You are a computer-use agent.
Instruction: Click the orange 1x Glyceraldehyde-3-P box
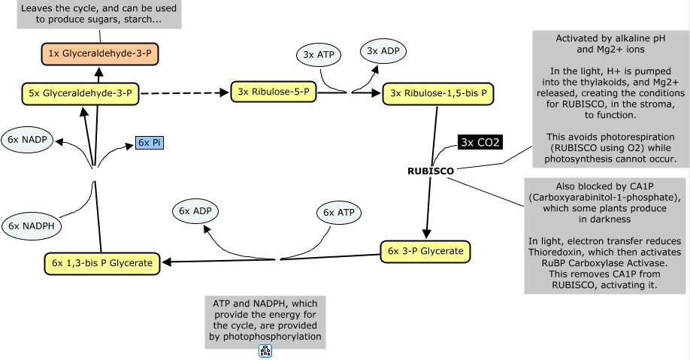(x=100, y=53)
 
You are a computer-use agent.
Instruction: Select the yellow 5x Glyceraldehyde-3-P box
(x=80, y=94)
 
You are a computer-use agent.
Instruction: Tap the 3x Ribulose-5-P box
(x=274, y=92)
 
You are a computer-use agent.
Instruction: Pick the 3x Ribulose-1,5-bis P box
(x=438, y=94)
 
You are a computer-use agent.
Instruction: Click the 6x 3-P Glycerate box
(x=425, y=252)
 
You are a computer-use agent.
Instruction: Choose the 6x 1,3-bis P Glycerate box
(x=102, y=264)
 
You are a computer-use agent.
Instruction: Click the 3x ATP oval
(x=319, y=55)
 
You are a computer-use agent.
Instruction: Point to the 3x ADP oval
(x=383, y=51)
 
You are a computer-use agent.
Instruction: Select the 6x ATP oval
(x=339, y=213)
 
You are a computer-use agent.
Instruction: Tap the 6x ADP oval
(x=195, y=211)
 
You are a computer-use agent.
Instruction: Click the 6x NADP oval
(x=27, y=140)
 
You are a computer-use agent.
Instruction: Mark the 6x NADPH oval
(x=32, y=226)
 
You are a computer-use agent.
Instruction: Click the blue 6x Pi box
(x=150, y=143)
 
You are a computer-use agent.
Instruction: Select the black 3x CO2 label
(x=480, y=143)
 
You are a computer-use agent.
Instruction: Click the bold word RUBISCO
(x=431, y=171)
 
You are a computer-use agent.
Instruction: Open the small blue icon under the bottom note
(x=265, y=351)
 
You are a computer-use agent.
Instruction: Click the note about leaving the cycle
(x=99, y=14)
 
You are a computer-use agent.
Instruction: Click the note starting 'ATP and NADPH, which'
(x=265, y=322)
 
